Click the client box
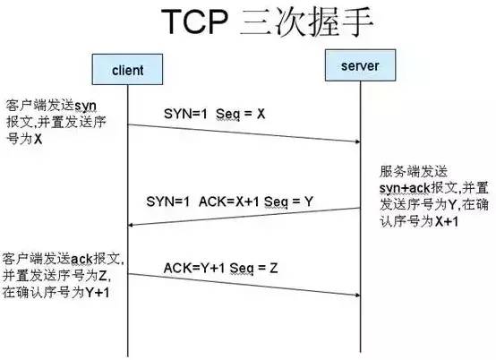(x=128, y=69)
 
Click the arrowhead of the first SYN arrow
(x=356, y=141)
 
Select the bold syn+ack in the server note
(x=401, y=187)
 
